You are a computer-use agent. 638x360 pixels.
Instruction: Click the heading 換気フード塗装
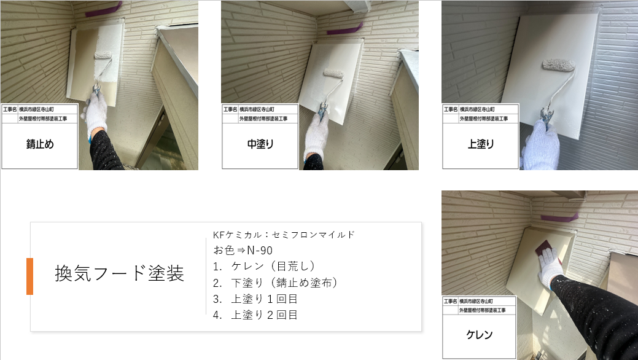tap(119, 273)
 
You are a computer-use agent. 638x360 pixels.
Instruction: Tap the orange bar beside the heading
tap(29, 276)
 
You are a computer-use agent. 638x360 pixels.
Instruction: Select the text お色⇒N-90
tap(243, 250)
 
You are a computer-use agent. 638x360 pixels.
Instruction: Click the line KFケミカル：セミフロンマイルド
tap(284, 235)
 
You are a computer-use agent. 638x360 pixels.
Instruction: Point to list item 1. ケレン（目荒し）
tap(264, 267)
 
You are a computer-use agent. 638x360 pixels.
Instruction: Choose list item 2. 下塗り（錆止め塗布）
tap(276, 283)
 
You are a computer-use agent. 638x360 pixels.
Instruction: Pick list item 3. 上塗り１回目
tap(255, 299)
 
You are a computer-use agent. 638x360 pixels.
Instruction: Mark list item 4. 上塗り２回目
tap(255, 315)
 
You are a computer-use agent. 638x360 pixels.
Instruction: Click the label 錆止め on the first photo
tap(40, 144)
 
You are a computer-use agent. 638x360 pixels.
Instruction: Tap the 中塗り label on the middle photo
tap(260, 144)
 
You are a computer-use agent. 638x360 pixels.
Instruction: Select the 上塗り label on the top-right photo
tap(481, 144)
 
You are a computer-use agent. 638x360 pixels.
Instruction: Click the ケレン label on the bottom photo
tap(480, 335)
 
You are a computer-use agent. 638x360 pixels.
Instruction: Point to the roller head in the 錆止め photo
tap(103, 55)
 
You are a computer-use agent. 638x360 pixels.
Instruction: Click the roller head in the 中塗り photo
tap(333, 73)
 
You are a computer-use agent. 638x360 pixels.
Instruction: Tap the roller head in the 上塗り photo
tap(559, 65)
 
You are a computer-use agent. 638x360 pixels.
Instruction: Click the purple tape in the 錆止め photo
tap(103, 10)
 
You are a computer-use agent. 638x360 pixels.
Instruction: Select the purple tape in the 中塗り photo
tap(345, 28)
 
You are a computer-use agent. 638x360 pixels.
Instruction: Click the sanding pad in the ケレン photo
tap(545, 251)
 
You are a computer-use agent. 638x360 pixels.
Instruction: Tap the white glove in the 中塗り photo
tap(316, 133)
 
